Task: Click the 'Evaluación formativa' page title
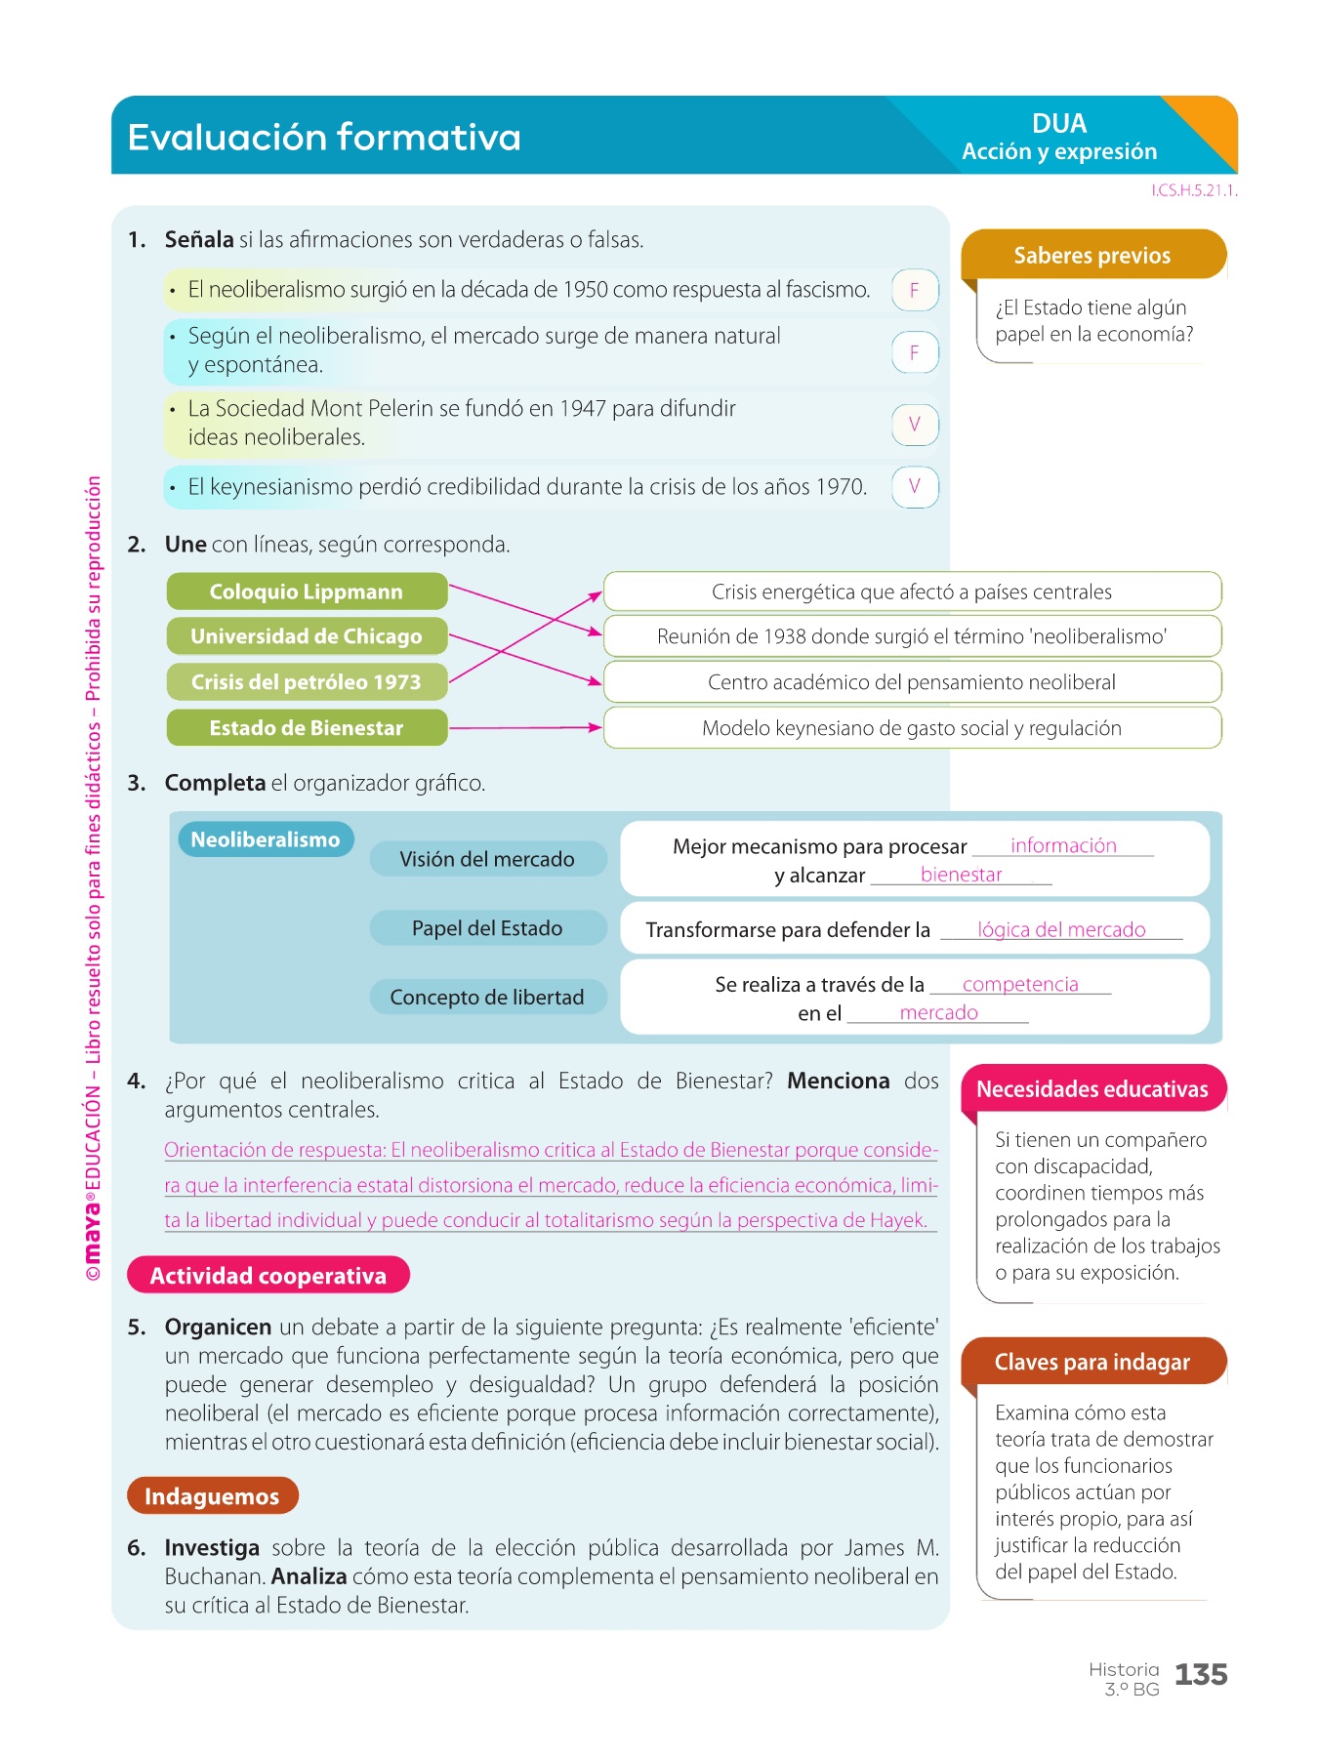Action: click(x=324, y=138)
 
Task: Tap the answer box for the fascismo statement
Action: click(x=915, y=290)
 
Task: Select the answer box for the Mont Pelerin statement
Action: click(x=915, y=425)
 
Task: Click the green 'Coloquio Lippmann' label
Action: click(x=307, y=592)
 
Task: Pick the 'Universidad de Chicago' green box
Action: click(x=307, y=636)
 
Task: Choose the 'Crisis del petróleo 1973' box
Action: click(x=307, y=681)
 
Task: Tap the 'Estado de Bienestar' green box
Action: click(x=307, y=727)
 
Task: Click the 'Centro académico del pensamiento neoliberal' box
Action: click(x=912, y=682)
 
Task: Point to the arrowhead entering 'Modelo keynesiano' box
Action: click(x=594, y=727)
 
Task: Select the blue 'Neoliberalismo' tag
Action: click(x=265, y=839)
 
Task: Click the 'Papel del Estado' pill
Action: click(x=487, y=928)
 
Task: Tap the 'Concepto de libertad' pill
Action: click(x=487, y=997)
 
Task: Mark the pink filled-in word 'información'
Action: click(x=1063, y=845)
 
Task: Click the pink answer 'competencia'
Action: click(x=1020, y=984)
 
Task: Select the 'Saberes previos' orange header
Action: click(x=1092, y=256)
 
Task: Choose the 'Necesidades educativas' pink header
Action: click(x=1092, y=1089)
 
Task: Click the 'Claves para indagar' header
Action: click(x=1092, y=1362)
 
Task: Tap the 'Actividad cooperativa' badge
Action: click(x=268, y=1276)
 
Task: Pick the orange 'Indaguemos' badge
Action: click(x=212, y=1496)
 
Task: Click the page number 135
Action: click(x=1201, y=1675)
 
